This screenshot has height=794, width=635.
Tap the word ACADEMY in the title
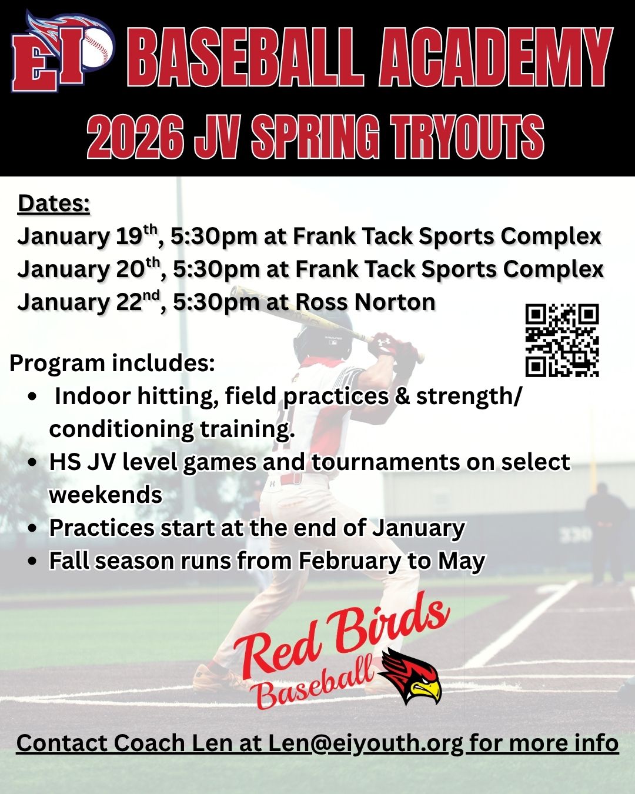point(494,57)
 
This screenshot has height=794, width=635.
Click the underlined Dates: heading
point(54,203)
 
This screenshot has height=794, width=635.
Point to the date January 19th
point(88,236)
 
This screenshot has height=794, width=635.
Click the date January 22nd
point(89,302)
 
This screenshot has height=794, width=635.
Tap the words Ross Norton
point(365,302)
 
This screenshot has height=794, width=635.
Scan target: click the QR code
point(562,340)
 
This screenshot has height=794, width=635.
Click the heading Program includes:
point(112,363)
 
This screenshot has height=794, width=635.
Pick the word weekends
point(106,495)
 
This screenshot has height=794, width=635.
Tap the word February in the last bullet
point(349,561)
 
